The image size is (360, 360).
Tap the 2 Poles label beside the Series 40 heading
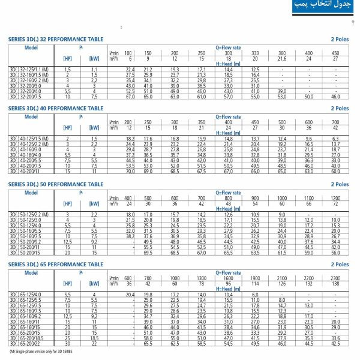(340, 109)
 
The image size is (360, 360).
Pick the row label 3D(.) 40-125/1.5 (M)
(26, 139)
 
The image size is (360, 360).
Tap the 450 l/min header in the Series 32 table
(334, 53)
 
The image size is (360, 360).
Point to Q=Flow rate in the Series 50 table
(229, 193)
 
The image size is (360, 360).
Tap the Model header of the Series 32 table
(31, 46)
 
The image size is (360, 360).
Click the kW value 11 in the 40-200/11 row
(94, 171)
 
